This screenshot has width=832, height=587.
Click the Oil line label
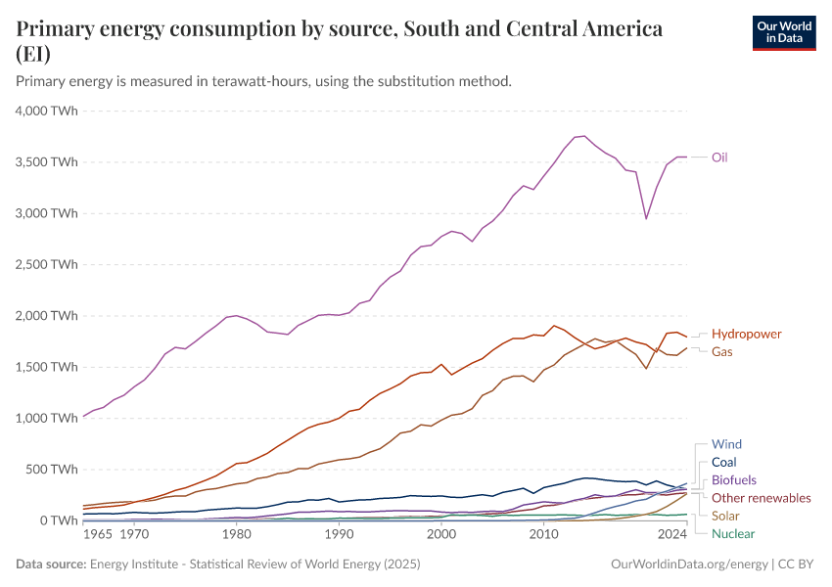click(719, 158)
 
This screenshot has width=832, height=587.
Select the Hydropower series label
click(746, 334)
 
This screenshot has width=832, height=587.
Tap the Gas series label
click(722, 350)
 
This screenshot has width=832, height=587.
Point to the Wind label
click(727, 444)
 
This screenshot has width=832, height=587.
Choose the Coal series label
click(724, 462)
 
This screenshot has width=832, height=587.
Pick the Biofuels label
click(734, 480)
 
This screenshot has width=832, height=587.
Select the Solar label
click(725, 516)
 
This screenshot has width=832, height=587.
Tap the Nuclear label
click(733, 534)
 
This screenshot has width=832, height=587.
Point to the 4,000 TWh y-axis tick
click(45, 111)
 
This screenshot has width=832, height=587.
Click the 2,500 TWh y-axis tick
click(45, 264)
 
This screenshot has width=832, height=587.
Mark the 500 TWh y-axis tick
click(49, 469)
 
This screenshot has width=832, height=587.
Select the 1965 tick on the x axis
click(97, 535)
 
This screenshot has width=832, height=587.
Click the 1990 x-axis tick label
click(339, 535)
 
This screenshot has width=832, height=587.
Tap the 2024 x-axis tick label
click(672, 535)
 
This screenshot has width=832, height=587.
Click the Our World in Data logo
click(783, 32)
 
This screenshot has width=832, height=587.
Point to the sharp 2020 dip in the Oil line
click(646, 218)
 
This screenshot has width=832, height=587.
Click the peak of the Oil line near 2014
click(583, 136)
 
